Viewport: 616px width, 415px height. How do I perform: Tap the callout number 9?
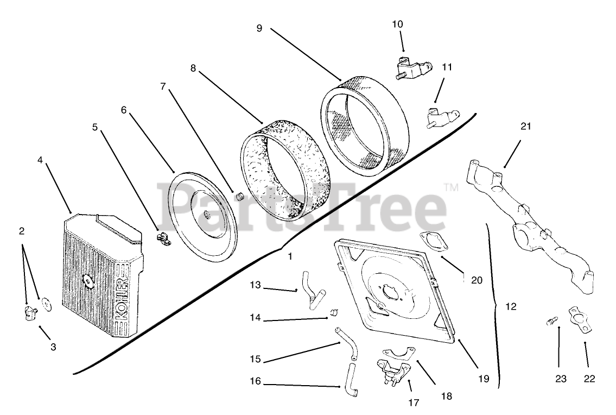(x=259, y=28)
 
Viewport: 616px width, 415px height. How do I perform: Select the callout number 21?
(x=525, y=127)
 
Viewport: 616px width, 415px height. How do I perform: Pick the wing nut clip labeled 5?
(x=161, y=237)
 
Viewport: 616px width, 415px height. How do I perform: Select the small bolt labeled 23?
(x=551, y=323)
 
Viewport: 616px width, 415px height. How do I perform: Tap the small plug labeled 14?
(x=335, y=312)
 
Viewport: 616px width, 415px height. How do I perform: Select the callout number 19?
(x=483, y=379)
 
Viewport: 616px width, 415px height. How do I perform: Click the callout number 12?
(x=510, y=307)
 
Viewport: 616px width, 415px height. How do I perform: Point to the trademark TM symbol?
(x=450, y=188)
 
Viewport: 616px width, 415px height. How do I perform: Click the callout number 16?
(x=255, y=382)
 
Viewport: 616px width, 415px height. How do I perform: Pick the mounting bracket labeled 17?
(x=392, y=372)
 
